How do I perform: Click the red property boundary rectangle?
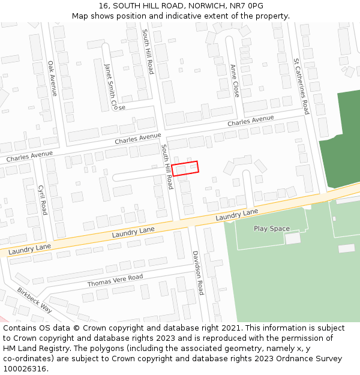pyautogui.click(x=185, y=167)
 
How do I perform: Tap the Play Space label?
pyautogui.click(x=271, y=229)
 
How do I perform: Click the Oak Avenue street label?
pyautogui.click(x=52, y=79)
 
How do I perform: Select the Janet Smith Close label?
pyautogui.click(x=110, y=87)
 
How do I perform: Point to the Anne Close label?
pyautogui.click(x=235, y=81)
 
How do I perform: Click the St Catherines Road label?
pyautogui.click(x=301, y=86)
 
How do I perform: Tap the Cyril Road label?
pyautogui.click(x=43, y=200)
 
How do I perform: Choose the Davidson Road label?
pyautogui.click(x=198, y=273)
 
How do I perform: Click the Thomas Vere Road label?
pyautogui.click(x=115, y=280)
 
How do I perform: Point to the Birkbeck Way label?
pyautogui.click(x=34, y=301)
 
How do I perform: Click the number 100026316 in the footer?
pyautogui.click(x=24, y=369)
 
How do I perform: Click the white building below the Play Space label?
pyautogui.click(x=292, y=238)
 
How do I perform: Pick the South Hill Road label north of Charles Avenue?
pyautogui.click(x=148, y=52)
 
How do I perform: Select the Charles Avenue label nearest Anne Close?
pyautogui.click(x=250, y=121)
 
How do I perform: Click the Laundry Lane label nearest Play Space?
pyautogui.click(x=237, y=215)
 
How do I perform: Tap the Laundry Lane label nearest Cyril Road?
pyautogui.click(x=30, y=247)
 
